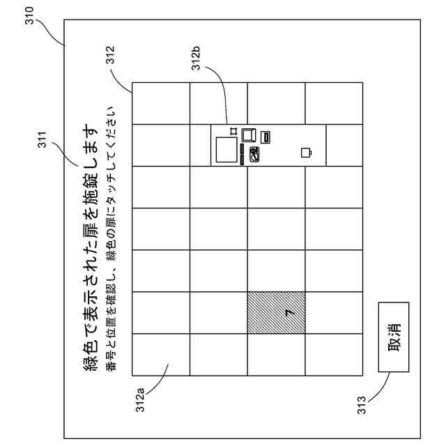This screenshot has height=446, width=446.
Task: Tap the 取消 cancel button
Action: (x=394, y=337)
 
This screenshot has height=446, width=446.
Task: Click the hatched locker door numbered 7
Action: (x=276, y=313)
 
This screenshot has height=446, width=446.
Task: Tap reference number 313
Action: (x=361, y=405)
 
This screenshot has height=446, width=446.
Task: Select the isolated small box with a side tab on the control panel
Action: (x=306, y=152)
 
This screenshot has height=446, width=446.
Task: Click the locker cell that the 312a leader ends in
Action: (x=161, y=355)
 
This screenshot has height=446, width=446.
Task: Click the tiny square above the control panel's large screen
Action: (x=232, y=130)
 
